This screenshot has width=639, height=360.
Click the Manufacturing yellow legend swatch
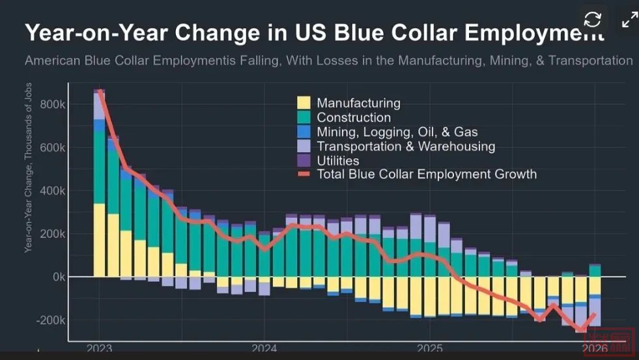tap(304, 103)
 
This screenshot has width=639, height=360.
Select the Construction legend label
tap(354, 118)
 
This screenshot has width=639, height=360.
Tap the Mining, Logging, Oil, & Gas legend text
tap(397, 132)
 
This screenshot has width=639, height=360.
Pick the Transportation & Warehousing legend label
tap(406, 146)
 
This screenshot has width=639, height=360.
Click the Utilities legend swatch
tap(304, 160)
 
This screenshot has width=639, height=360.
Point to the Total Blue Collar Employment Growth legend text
tap(427, 174)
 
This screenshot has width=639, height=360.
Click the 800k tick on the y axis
tap(53, 105)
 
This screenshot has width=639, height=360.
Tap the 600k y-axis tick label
tap(53, 148)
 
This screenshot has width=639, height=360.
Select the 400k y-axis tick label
tap(53, 191)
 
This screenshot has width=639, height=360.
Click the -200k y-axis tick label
tap(51, 320)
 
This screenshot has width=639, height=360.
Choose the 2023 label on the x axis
tap(99, 349)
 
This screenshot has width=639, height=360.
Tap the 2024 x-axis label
tap(264, 349)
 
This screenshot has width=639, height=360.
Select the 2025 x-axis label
tap(430, 349)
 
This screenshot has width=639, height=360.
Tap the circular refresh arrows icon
tap(592, 20)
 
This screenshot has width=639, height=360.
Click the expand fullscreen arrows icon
tap(629, 20)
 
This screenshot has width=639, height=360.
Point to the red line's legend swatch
tap(304, 174)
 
